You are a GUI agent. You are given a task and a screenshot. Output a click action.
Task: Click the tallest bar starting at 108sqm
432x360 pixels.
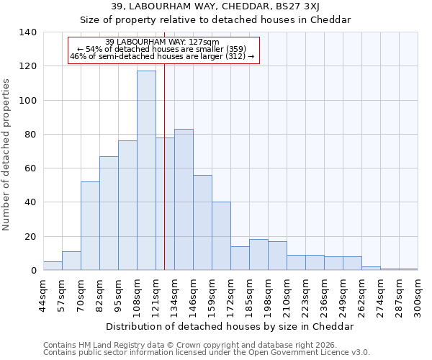pos(146,171)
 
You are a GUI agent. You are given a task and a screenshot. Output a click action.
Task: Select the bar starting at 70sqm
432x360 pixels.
pos(90,226)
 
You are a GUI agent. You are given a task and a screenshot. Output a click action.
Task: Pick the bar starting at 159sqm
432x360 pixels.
pos(221,236)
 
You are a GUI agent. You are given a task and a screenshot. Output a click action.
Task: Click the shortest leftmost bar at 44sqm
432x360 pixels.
pos(53,266)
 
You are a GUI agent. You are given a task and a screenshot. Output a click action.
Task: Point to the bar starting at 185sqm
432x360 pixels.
pos(258,255)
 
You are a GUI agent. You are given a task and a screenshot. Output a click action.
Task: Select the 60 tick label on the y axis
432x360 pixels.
pos(30,168)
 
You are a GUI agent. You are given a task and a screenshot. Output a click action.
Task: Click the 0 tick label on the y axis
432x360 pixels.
pos(33,271)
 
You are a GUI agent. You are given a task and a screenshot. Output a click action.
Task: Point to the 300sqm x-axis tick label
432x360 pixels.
pos(418,297)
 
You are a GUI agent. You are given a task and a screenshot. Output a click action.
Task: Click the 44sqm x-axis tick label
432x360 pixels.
pos(43,295)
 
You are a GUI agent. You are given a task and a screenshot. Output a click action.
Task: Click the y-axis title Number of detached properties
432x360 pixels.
pos(7,155)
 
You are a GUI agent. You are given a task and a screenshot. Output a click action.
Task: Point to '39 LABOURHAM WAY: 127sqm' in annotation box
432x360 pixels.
pos(162,42)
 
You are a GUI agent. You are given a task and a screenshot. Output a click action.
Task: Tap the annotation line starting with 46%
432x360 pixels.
pos(162,57)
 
